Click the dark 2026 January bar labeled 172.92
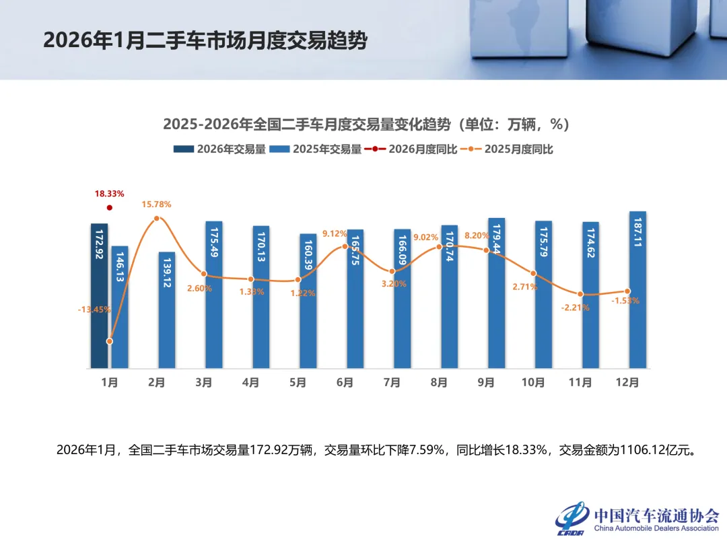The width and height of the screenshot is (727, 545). [x=100, y=296]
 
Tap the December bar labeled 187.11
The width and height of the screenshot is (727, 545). [x=637, y=290]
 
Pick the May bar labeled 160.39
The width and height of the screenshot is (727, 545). [x=308, y=301]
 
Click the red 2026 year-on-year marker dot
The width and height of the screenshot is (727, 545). [x=110, y=208]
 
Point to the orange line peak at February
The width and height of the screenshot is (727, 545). [x=157, y=219]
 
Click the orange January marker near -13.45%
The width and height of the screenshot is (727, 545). [x=110, y=341]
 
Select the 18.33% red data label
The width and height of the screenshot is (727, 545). [x=109, y=194]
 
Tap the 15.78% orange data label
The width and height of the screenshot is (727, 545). [x=156, y=204]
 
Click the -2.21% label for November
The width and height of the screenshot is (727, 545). [x=576, y=307]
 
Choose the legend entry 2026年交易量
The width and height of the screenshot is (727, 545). [x=219, y=149]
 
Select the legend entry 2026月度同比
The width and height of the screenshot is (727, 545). [x=411, y=149]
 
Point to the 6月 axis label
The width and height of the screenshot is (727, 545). [x=345, y=383]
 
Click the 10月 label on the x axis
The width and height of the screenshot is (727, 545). [x=533, y=383]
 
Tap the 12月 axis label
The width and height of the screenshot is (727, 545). [x=627, y=383]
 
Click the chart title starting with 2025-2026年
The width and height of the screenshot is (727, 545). [x=367, y=124]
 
